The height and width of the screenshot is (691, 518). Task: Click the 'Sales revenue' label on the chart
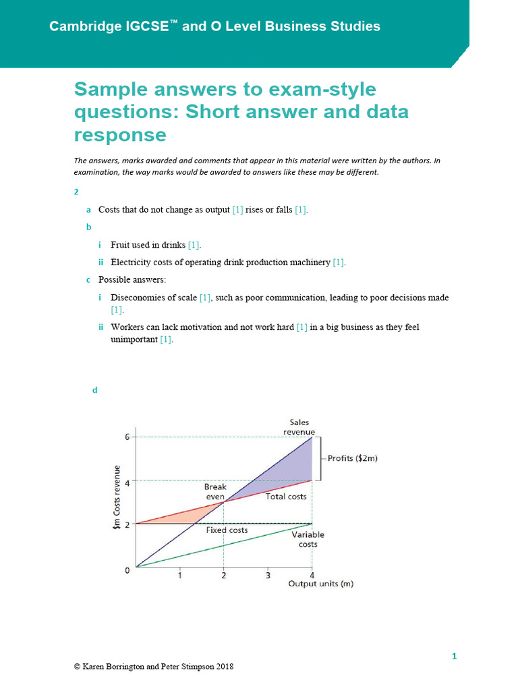(x=299, y=427)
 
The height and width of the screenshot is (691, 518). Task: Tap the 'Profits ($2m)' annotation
(x=352, y=458)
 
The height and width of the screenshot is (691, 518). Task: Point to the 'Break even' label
(x=215, y=491)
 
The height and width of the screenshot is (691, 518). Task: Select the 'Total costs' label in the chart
(x=285, y=497)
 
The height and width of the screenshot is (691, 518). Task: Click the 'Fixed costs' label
(x=227, y=530)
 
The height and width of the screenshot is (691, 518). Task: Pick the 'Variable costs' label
(x=308, y=539)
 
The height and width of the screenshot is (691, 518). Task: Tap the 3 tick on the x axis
(x=268, y=576)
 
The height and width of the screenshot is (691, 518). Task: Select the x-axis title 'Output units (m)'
(x=320, y=584)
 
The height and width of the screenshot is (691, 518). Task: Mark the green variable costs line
(x=223, y=545)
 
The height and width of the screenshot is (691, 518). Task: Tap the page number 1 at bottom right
(x=454, y=656)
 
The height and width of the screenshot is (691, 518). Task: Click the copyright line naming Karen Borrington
(x=154, y=667)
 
